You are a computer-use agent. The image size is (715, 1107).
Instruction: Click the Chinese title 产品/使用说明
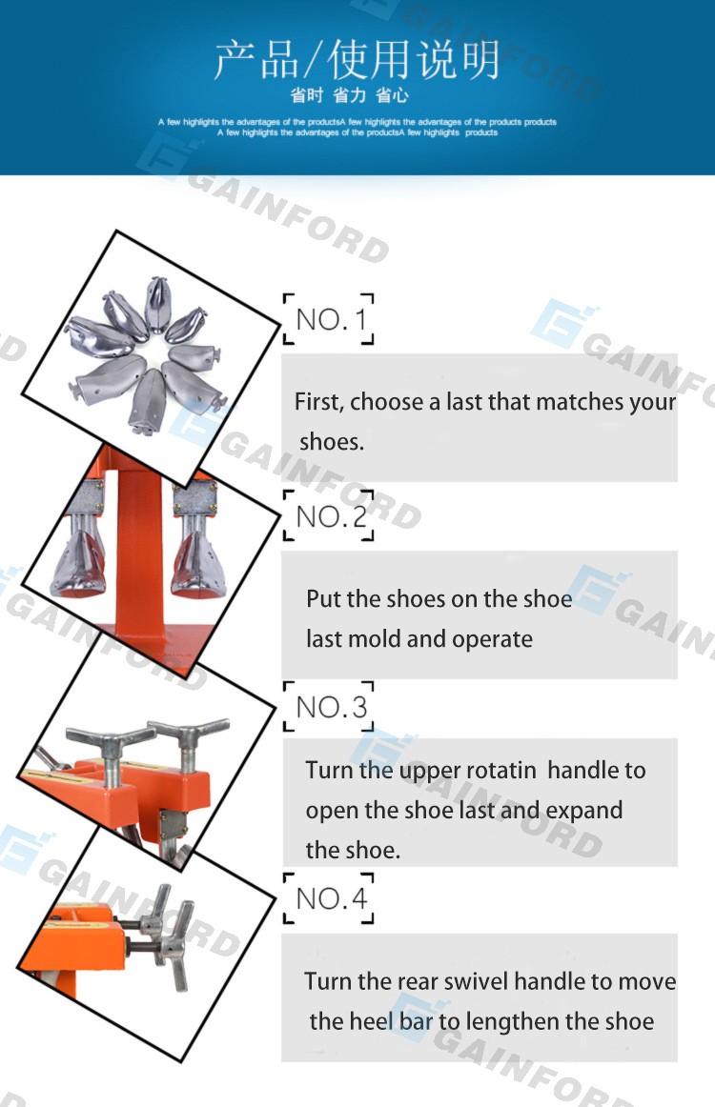pos(357,59)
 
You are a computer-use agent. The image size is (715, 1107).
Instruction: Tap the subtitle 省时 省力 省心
pos(349,94)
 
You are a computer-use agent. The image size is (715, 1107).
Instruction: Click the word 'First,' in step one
pos(319,402)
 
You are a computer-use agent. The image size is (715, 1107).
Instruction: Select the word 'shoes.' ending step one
pos(332,442)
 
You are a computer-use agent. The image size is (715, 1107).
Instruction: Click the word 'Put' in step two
pos(323,598)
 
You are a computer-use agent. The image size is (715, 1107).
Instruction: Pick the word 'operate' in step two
pos(493,639)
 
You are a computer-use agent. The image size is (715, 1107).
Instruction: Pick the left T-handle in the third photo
pos(109,756)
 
